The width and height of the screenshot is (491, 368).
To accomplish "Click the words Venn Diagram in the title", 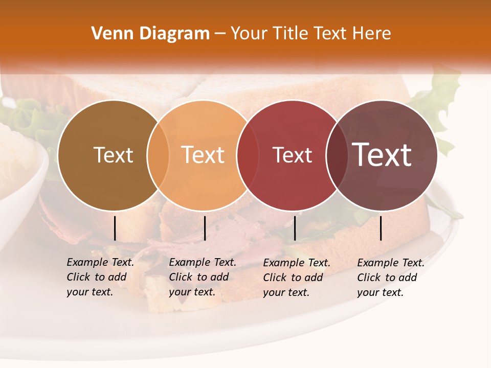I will pos(150,34).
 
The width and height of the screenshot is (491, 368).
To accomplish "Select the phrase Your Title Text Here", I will pos(310,34).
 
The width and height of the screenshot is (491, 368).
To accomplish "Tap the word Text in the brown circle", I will pos(113,155).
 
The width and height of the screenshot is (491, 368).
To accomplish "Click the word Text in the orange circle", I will pos(203,155).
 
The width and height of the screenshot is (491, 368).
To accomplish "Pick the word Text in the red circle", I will pos(292,155).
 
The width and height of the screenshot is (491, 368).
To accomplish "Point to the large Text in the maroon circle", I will pos(382,155).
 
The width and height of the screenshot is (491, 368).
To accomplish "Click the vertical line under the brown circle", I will pos(115,228).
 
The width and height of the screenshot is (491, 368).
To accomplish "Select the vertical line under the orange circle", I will pos(205,228).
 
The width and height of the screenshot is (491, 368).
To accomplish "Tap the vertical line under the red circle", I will pos(295,228).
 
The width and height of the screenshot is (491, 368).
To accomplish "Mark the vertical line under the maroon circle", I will pos(381,228).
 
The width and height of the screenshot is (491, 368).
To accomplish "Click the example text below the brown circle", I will pos(100,277).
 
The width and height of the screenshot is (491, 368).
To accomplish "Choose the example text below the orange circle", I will pos(203,277).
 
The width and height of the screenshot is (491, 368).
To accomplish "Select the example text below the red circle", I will pos(297,278).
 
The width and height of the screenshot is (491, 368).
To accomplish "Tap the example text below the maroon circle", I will pos(391,278).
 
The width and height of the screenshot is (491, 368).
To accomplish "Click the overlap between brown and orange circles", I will pos(158,155).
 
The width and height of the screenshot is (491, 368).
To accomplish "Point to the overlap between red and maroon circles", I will pos(336,155).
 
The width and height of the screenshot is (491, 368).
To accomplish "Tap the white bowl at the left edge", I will pos(20,169).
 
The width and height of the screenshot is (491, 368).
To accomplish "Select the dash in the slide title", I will pos(220,34).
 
